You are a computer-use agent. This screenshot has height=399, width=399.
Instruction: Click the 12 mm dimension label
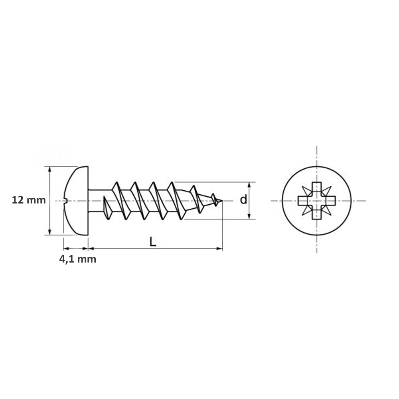pyautogui.click(x=29, y=200)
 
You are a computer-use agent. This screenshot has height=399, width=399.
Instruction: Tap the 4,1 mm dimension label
pyautogui.click(x=78, y=259)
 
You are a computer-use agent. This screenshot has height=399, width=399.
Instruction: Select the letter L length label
pyautogui.click(x=153, y=242)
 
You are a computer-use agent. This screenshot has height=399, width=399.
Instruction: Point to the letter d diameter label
pyautogui.click(x=243, y=199)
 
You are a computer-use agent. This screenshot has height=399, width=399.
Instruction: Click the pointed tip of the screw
pyautogui.click(x=222, y=201)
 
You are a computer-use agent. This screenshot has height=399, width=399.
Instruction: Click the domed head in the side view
pyautogui.click(x=76, y=201)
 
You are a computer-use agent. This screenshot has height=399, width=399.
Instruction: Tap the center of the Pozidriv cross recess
pyautogui.click(x=316, y=201)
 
